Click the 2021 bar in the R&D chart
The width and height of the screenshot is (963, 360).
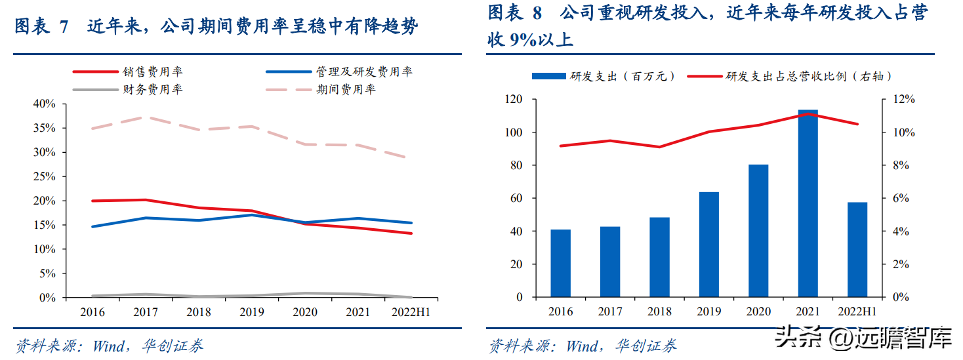pos(808,203)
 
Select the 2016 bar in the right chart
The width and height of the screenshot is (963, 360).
pos(560,264)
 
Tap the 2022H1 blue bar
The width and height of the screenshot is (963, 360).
pos(857,250)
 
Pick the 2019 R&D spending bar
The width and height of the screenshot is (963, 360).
pos(708,245)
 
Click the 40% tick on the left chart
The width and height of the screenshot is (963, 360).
pos(44,104)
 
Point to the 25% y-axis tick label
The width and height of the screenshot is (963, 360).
pos(44,177)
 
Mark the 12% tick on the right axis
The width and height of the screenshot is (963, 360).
pos(901,100)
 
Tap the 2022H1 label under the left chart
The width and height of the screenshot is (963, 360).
pos(411,312)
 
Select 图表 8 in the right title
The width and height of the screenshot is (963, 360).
pos(516,12)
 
